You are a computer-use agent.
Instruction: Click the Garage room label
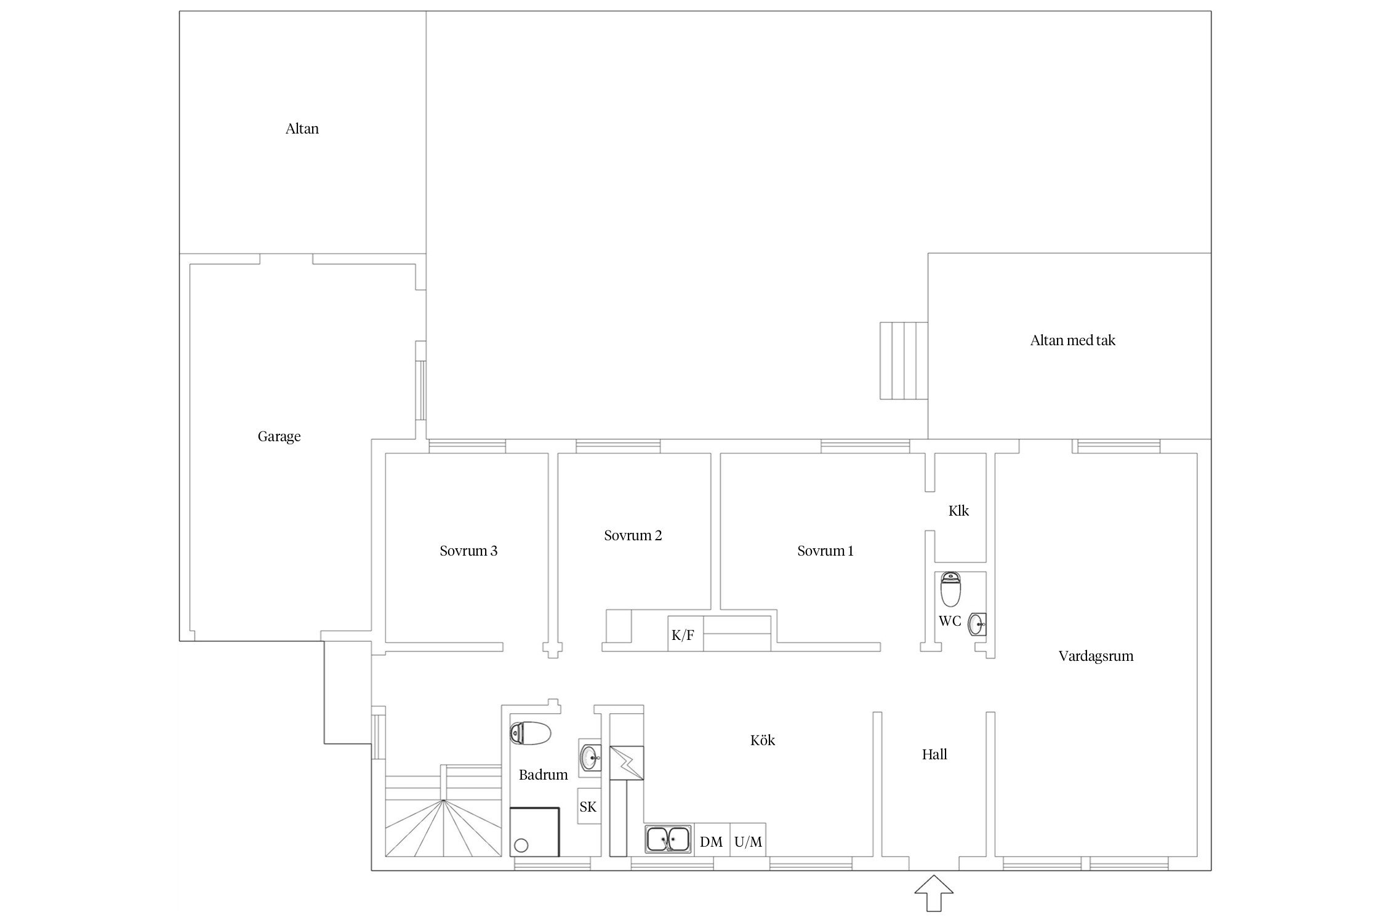pyautogui.click(x=279, y=437)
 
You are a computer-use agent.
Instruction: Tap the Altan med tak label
pyautogui.click(x=1072, y=340)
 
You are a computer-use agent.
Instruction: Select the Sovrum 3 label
pyautogui.click(x=468, y=551)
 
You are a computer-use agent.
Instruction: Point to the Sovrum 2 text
pyautogui.click(x=633, y=535)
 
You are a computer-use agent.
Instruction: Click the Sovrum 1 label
pyautogui.click(x=825, y=551)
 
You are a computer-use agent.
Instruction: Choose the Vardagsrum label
pyautogui.click(x=1096, y=656)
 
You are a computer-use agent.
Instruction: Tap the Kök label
pyautogui.click(x=763, y=740)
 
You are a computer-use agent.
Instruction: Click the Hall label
pyautogui.click(x=934, y=754)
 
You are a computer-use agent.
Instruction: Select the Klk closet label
pyautogui.click(x=958, y=511)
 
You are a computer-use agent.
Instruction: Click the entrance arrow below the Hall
pyautogui.click(x=934, y=892)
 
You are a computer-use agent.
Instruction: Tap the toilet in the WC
pyautogui.click(x=951, y=589)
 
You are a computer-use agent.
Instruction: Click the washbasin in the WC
pyautogui.click(x=977, y=624)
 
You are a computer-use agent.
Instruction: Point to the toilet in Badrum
pyautogui.click(x=530, y=733)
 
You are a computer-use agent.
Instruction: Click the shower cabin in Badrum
pyautogui.click(x=534, y=831)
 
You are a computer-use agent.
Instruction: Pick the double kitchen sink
pyautogui.click(x=668, y=839)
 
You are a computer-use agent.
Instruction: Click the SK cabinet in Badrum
pyautogui.click(x=588, y=806)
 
